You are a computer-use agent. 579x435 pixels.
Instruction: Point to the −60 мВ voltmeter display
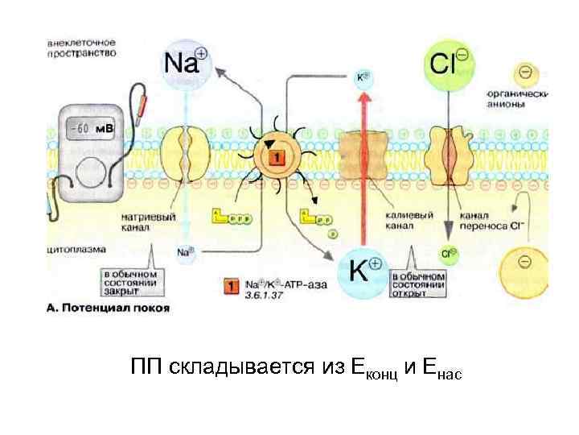coord(88,127)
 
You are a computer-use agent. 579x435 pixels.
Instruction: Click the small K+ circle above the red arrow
coord(363,78)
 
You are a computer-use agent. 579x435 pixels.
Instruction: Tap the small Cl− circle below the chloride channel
coord(450,253)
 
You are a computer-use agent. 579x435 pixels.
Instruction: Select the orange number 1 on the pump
coord(275,159)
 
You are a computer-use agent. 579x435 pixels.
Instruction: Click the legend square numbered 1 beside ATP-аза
coord(230,285)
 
